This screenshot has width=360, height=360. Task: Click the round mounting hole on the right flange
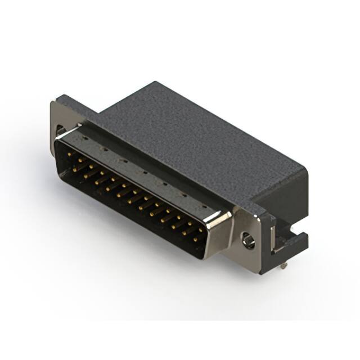[247, 241]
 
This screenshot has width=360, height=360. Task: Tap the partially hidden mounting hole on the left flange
[59, 133]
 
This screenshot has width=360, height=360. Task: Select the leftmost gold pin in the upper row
[70, 154]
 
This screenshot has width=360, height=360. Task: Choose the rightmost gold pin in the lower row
[195, 240]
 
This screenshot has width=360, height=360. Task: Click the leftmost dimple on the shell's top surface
[84, 137]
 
